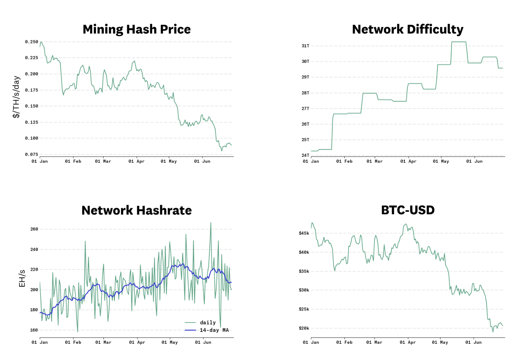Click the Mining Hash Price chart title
pos(136,29)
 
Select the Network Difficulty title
pos(408,29)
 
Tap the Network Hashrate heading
pos(136,210)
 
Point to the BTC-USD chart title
pos(408,210)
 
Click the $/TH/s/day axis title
pos(16,97)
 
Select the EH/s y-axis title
pos(22,278)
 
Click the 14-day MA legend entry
pos(214,330)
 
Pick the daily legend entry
pos(208,323)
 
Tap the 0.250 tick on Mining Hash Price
pos(31,42)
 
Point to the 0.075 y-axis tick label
pos(31,154)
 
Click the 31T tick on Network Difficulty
pos(305,46)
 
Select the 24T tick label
pos(305,155)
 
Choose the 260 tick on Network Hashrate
pos(34,229)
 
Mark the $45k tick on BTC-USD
pos(304,233)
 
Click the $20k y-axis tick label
pos(304,328)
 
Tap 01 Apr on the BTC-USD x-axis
pos(408,342)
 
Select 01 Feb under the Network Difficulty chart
pos(344,161)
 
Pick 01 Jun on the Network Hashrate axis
pos(203,342)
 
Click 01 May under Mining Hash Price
pos(168,161)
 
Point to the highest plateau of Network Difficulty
pos(459,42)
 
